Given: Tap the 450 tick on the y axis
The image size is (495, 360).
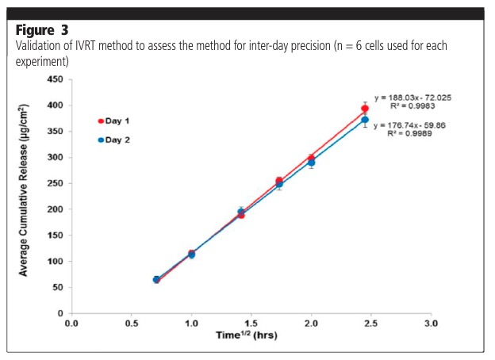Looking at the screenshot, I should pyautogui.click(x=53, y=79).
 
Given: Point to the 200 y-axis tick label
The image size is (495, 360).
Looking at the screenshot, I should pyautogui.click(x=53, y=209).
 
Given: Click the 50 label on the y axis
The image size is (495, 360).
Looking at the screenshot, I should pyautogui.click(x=56, y=287).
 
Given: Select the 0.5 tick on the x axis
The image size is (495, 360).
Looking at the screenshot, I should pyautogui.click(x=132, y=324).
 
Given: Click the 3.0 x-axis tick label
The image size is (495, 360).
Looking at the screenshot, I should pyautogui.click(x=431, y=324).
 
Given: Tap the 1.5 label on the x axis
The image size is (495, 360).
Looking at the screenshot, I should pyautogui.click(x=251, y=324).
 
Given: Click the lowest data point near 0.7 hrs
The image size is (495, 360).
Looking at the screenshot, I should pyautogui.click(x=156, y=280).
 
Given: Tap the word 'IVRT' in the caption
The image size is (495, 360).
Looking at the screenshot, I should pyautogui.click(x=91, y=45).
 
